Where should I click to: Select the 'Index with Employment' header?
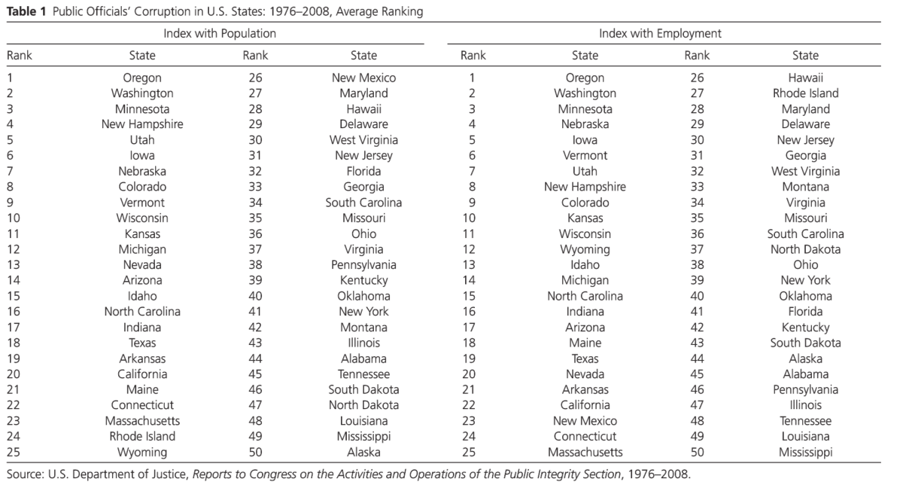click(x=660, y=34)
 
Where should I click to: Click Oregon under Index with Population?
click(x=142, y=78)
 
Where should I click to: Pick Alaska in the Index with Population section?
click(x=363, y=453)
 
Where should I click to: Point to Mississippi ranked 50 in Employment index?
click(x=805, y=453)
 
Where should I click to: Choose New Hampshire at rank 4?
click(x=142, y=124)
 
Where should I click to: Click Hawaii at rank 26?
click(x=805, y=78)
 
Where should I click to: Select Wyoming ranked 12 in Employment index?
click(x=585, y=249)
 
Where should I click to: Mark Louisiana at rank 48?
click(x=363, y=421)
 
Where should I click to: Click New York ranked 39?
click(x=805, y=280)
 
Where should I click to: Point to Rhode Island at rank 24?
click(x=142, y=437)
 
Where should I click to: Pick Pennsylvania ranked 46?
click(x=805, y=390)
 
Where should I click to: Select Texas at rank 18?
click(x=142, y=343)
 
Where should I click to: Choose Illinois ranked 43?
click(x=363, y=343)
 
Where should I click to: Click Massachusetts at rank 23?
click(x=142, y=421)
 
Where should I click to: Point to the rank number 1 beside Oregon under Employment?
click(x=472, y=78)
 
